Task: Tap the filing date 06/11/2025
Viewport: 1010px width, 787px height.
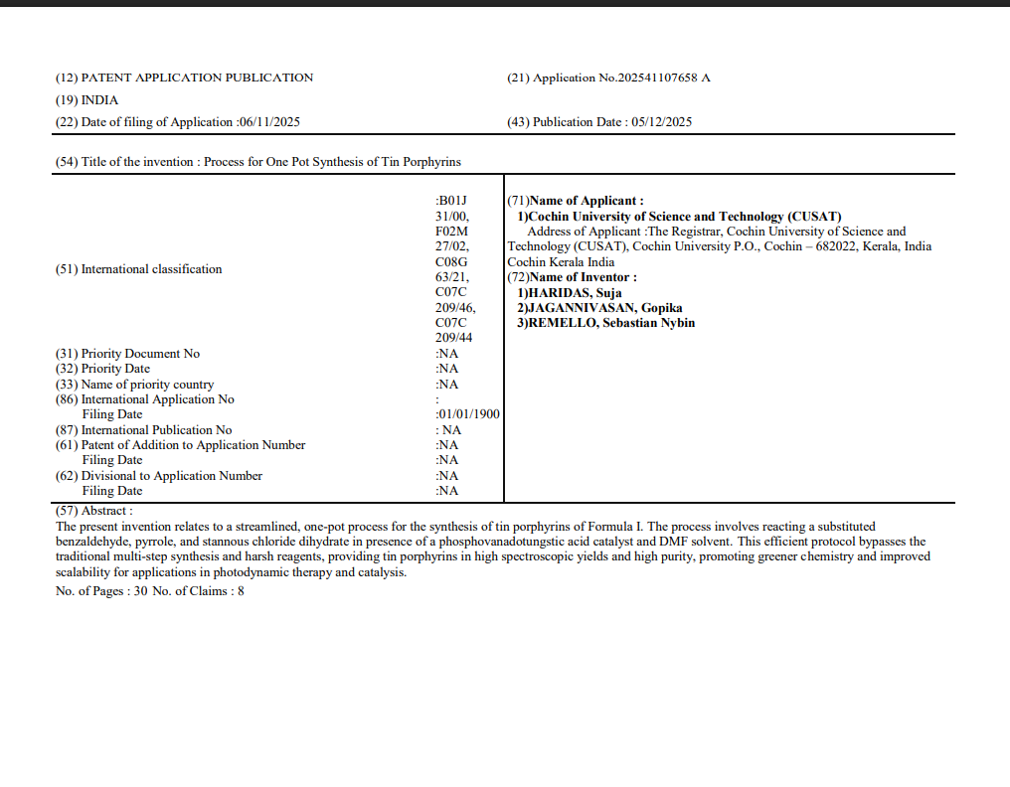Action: pos(269,122)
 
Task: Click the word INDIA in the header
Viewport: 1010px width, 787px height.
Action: pos(99,100)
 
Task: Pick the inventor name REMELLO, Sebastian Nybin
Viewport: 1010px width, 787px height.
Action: pos(610,323)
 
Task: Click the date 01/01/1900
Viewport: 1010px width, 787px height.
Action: pos(469,414)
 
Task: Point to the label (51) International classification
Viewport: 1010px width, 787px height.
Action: pos(138,269)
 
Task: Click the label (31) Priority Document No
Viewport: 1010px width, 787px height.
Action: pos(127,354)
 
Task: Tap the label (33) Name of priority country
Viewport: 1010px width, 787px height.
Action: pos(134,385)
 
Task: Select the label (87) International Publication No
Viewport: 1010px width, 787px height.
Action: pos(143,430)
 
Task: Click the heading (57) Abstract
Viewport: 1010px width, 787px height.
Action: pos(93,511)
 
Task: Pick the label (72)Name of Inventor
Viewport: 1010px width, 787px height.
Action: pos(573,277)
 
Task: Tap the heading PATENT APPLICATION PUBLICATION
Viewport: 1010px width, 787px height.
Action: pos(196,78)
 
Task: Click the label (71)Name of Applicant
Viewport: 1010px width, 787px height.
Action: pos(576,201)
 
